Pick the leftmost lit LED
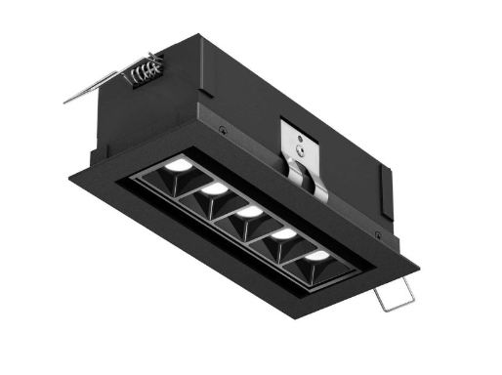[177, 168]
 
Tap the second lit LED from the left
[215, 188]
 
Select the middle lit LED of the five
[249, 211]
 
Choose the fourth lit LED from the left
[284, 233]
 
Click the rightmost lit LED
[318, 256]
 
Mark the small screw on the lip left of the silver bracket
[223, 131]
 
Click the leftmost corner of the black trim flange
[68, 177]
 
